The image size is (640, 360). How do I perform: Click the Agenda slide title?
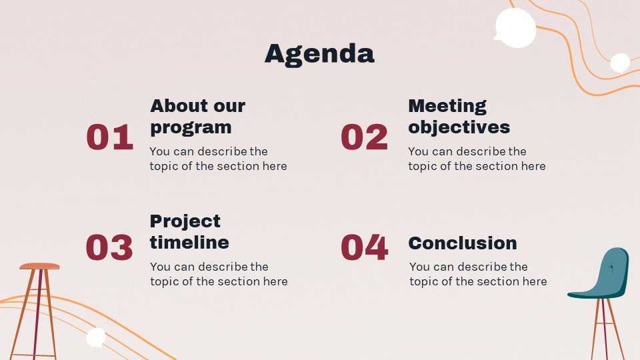(x=319, y=54)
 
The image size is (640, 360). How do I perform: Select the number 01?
(x=110, y=137)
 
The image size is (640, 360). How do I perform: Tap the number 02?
(x=364, y=137)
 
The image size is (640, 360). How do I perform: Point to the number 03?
(x=109, y=247)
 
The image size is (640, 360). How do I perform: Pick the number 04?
(x=365, y=247)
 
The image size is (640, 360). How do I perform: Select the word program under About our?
(x=191, y=128)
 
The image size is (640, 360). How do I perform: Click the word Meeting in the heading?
(x=447, y=107)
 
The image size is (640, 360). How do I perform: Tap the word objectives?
(x=459, y=127)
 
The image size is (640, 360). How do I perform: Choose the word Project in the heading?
(x=185, y=222)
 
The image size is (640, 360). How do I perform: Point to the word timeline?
(x=189, y=243)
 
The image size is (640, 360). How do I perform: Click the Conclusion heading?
(x=463, y=243)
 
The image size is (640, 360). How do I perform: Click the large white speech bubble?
(x=515, y=28)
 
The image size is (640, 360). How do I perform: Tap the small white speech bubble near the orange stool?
(x=96, y=337)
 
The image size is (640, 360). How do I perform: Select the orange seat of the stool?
(x=39, y=266)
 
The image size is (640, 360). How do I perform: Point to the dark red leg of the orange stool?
(x=37, y=314)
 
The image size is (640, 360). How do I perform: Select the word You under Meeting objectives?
(x=419, y=151)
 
